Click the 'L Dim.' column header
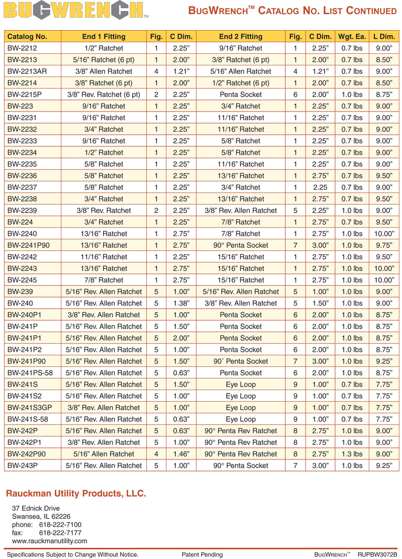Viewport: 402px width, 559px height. click(x=383, y=36)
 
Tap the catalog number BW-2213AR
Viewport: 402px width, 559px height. click(x=27, y=71)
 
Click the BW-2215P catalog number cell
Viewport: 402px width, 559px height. click(x=25, y=95)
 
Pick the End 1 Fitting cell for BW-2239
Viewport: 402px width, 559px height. click(x=104, y=211)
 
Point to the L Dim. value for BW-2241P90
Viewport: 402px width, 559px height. click(x=383, y=245)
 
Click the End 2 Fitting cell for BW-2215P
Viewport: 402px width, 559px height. click(x=241, y=95)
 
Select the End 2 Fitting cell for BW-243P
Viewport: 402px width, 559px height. click(x=241, y=465)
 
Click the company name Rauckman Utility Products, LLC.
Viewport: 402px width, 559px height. click(x=76, y=494)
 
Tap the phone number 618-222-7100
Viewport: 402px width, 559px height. click(x=60, y=525)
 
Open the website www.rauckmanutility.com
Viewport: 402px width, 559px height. click(x=49, y=541)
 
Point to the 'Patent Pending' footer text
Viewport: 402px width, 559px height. click(x=202, y=554)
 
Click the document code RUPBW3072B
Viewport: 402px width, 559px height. click(x=377, y=554)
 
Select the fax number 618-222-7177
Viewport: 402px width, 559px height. click(x=60, y=533)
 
